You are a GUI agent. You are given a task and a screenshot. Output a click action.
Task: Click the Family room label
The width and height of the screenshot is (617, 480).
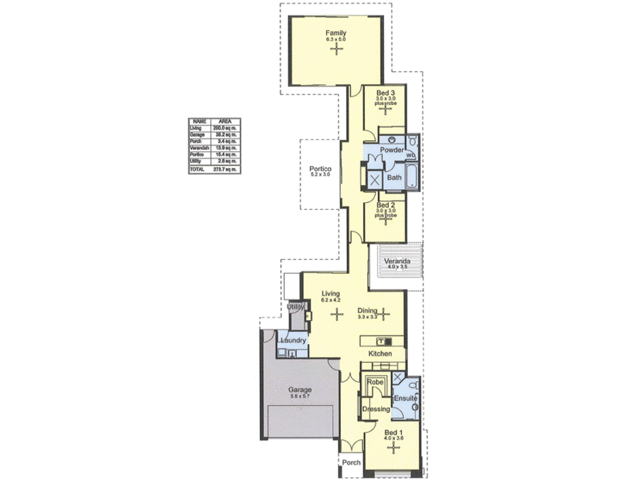335,33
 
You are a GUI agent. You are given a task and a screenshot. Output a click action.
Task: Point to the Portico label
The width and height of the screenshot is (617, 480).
320,169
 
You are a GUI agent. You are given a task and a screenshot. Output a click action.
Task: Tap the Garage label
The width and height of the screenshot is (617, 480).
300,390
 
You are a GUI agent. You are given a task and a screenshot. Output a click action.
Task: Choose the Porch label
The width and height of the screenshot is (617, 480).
351,463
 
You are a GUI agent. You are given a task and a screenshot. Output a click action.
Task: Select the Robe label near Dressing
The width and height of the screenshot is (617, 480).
375,383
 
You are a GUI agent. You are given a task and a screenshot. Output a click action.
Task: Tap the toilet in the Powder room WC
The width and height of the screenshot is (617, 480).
413,143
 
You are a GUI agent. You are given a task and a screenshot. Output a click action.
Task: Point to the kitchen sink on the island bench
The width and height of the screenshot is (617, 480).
384,340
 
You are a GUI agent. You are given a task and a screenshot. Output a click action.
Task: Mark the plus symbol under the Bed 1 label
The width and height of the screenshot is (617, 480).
393,448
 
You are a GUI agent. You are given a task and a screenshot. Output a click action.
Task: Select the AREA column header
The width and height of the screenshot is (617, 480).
226,121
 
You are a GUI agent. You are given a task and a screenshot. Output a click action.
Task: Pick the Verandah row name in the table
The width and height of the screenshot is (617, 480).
200,147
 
